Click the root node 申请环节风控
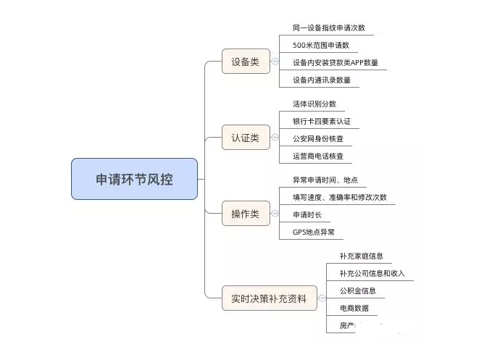tap(134, 179)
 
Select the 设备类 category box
tap(246, 62)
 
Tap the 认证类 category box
tap(246, 137)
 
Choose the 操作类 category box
tap(246, 213)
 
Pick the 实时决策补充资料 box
tap(269, 298)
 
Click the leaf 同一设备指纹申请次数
tap(329, 28)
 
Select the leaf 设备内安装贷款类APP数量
tap(335, 63)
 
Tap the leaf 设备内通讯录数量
tap(322, 80)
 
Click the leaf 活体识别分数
tap(314, 104)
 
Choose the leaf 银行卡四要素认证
tap(322, 121)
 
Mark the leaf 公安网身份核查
tap(318, 138)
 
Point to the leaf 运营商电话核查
tap(318, 156)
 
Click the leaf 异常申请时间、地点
tap(325, 180)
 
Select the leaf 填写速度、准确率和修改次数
tap(340, 197)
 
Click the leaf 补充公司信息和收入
tap(372, 273)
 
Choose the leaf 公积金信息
tap(358, 290)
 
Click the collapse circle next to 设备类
tap(275, 62)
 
